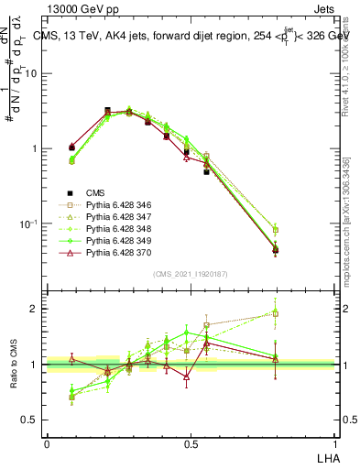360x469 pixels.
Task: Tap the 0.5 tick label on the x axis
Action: coord(191,442)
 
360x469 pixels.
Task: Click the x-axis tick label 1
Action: coord(334,442)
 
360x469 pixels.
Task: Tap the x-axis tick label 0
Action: coord(47,442)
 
